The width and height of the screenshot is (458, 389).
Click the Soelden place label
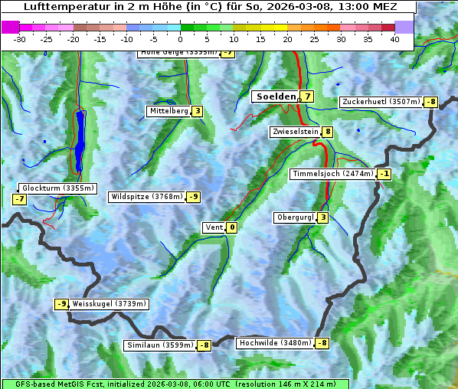(275, 96)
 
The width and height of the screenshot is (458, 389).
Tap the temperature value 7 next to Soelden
(307, 96)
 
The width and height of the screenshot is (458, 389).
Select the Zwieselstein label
(295, 132)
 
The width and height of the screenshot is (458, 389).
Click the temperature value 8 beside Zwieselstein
(328, 132)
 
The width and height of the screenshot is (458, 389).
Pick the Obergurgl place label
(295, 217)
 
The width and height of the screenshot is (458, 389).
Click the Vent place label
(214, 227)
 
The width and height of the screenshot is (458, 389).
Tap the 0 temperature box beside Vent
(232, 227)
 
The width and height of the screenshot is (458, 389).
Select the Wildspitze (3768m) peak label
(147, 197)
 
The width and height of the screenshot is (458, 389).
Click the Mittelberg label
(168, 111)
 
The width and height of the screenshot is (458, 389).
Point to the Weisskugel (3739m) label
(109, 304)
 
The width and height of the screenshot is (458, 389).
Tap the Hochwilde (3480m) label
(275, 343)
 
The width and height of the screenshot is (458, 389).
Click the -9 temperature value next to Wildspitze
(194, 197)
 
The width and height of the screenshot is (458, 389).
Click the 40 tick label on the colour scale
(394, 39)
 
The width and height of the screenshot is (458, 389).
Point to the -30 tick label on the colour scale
(20, 39)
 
